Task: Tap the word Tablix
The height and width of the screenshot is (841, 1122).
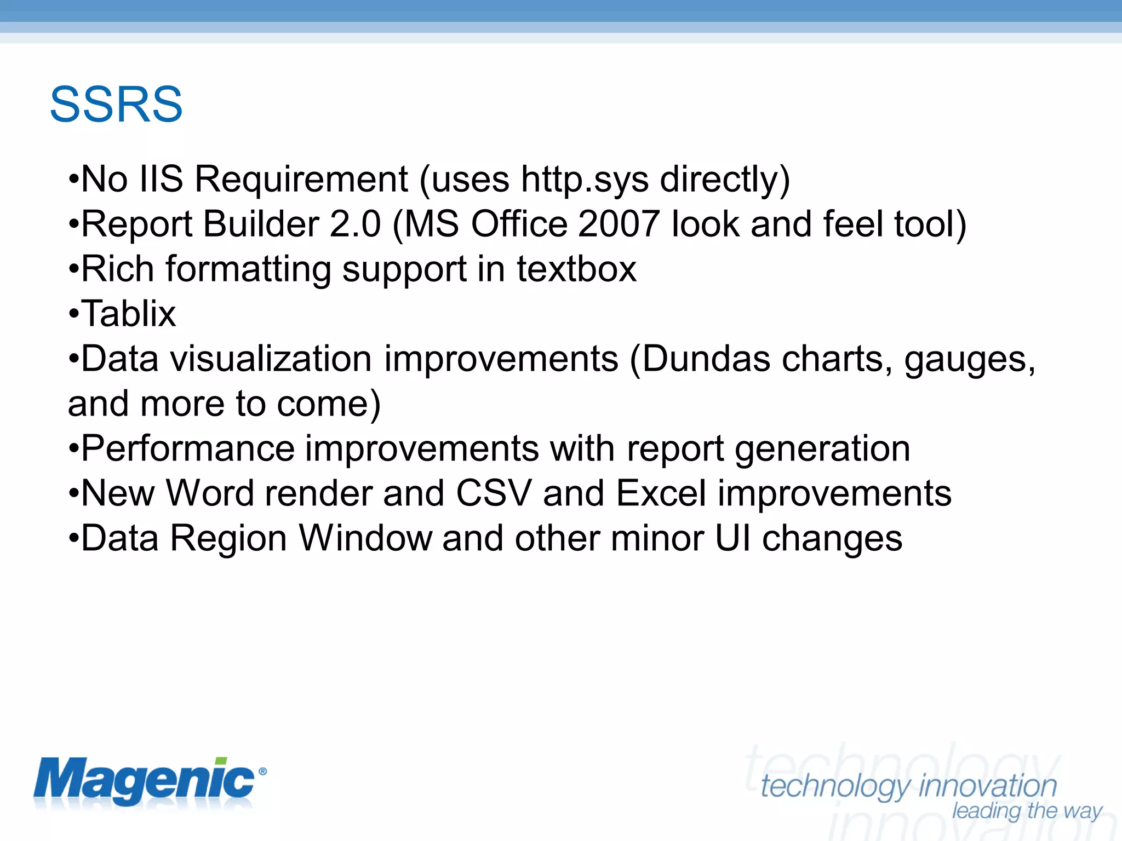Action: (129, 314)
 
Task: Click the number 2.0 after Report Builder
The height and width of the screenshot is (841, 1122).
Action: (355, 224)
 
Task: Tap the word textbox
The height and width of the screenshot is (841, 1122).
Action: (576, 269)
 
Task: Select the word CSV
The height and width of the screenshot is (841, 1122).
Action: (494, 493)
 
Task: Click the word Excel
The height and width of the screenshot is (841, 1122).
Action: (661, 493)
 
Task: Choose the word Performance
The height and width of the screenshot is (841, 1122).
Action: (188, 449)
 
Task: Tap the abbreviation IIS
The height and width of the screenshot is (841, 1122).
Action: (161, 180)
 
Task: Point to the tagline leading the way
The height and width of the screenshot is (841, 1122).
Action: (1027, 811)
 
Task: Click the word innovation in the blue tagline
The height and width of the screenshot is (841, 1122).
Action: (988, 786)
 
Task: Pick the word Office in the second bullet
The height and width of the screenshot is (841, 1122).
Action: (519, 224)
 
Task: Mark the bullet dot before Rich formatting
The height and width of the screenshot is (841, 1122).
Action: (73, 270)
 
